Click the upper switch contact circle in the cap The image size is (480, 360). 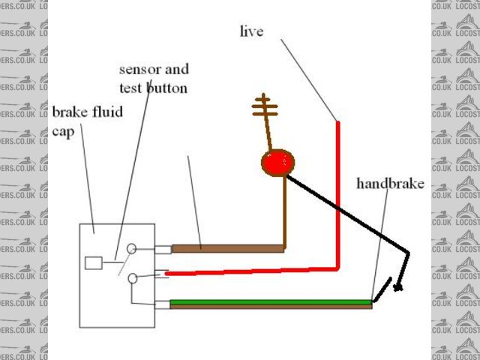pos(132,248)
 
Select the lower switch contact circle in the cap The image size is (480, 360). pos(132,278)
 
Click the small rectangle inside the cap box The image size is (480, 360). pos(94,263)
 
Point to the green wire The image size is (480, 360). pos(270,301)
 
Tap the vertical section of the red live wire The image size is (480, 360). pos(338,195)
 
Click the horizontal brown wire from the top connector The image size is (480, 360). pos(225,247)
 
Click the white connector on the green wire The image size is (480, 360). pos(163,304)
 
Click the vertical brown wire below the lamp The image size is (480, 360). pos(285,214)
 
